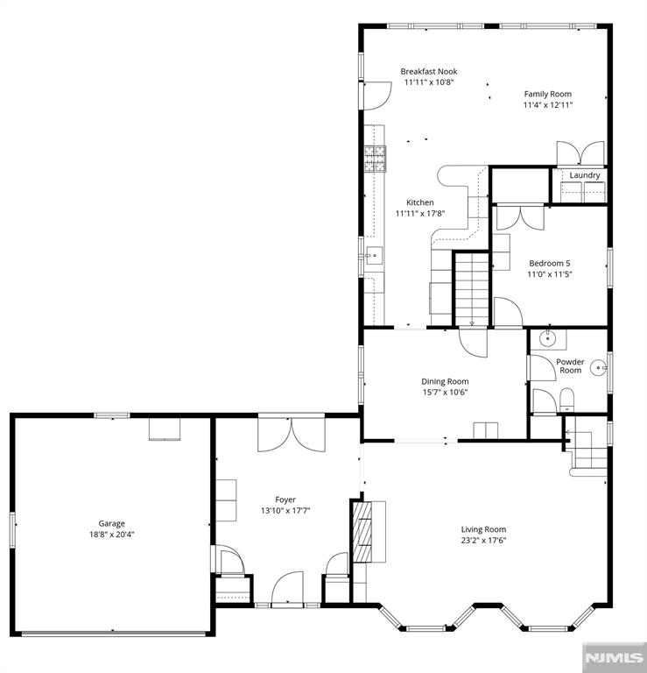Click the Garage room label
click(x=111, y=523)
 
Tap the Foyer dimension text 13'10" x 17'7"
click(x=285, y=510)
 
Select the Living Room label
click(x=483, y=529)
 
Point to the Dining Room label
click(x=445, y=381)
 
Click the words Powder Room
click(x=570, y=365)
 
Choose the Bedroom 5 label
click(x=549, y=263)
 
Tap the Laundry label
click(x=584, y=175)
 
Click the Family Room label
click(x=547, y=94)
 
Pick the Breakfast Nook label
click(x=429, y=71)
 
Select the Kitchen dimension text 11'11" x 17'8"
click(x=419, y=213)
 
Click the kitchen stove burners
click(x=375, y=159)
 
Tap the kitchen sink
click(x=374, y=255)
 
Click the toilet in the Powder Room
click(x=566, y=400)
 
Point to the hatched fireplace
click(x=362, y=531)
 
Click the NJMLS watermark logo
click(x=614, y=656)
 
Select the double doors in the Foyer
click(x=292, y=434)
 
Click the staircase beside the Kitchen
click(x=471, y=289)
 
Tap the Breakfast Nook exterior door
click(x=376, y=96)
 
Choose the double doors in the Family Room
click(x=580, y=153)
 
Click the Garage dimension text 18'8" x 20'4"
click(x=111, y=535)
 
